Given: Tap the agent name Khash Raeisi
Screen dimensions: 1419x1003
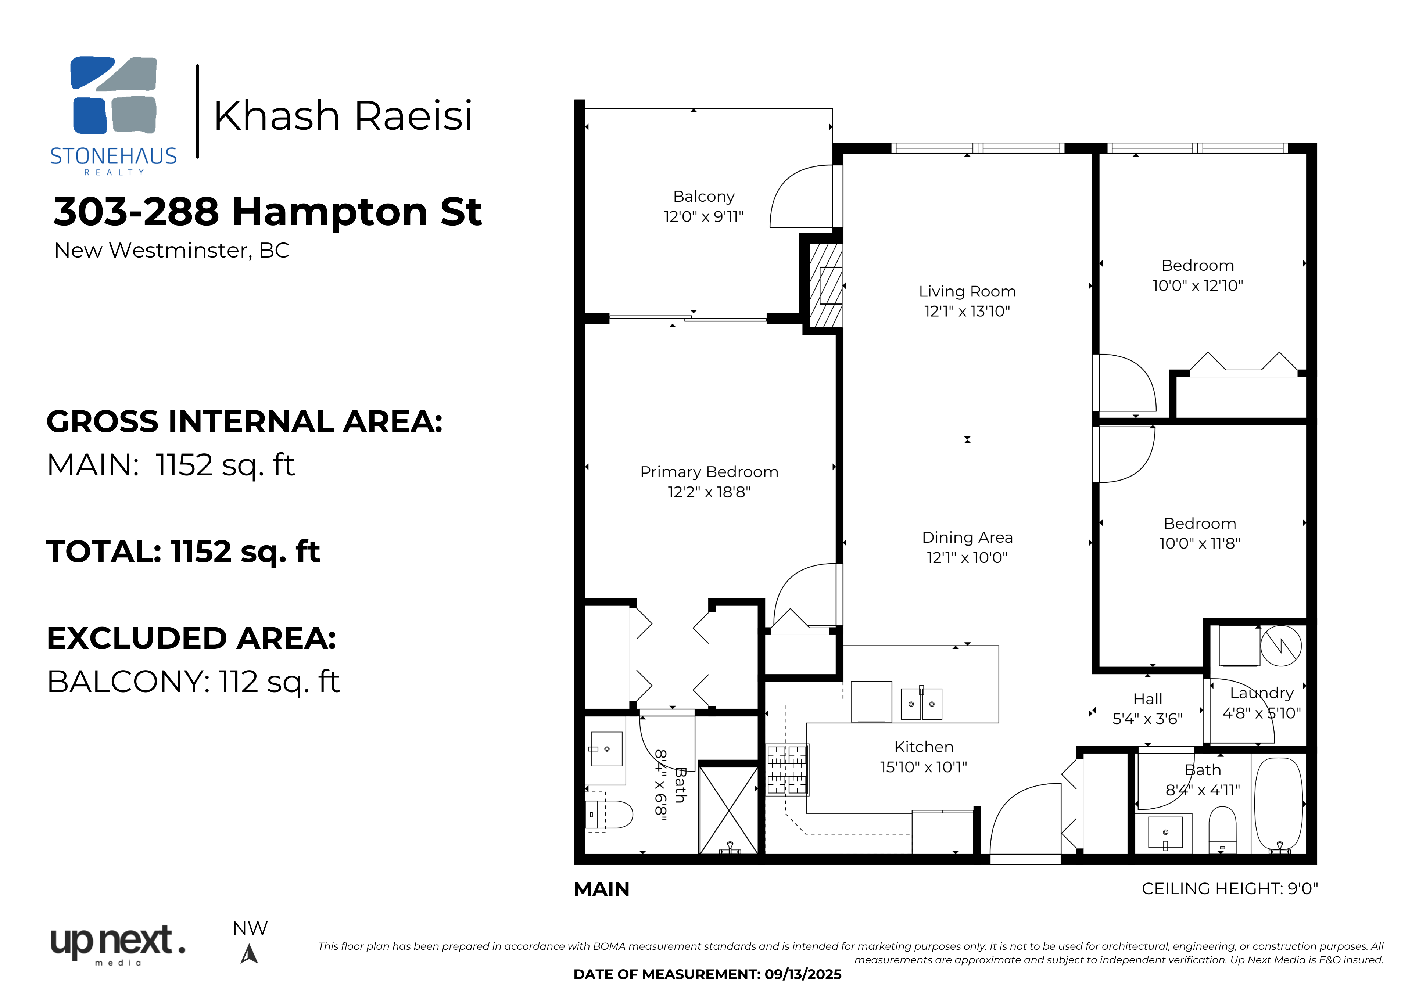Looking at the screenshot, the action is pyautogui.click(x=343, y=116).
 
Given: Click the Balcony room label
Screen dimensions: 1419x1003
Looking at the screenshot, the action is pyautogui.click(x=704, y=197).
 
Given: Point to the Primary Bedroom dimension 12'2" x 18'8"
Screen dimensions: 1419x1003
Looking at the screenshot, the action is pyautogui.click(x=709, y=492).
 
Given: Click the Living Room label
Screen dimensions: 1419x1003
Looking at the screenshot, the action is pyautogui.click(x=967, y=291).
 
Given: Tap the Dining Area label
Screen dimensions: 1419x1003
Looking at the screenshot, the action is pyautogui.click(x=967, y=538).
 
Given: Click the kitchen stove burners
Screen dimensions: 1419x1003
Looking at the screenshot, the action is pyautogui.click(x=787, y=769).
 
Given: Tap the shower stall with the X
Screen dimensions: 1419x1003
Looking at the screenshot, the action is pyautogui.click(x=729, y=810).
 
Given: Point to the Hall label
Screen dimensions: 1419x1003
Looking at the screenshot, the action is pyautogui.click(x=1148, y=699).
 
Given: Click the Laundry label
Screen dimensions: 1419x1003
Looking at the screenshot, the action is pyautogui.click(x=1261, y=693).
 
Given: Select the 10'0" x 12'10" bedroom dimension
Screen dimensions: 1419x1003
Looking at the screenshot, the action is pyautogui.click(x=1198, y=285).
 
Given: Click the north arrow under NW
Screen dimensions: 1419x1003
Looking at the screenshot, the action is pyautogui.click(x=249, y=954).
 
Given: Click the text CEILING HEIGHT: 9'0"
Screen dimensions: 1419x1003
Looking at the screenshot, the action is pyautogui.click(x=1230, y=889).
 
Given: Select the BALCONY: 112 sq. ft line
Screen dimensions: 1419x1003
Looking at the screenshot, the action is pyautogui.click(x=193, y=682).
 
